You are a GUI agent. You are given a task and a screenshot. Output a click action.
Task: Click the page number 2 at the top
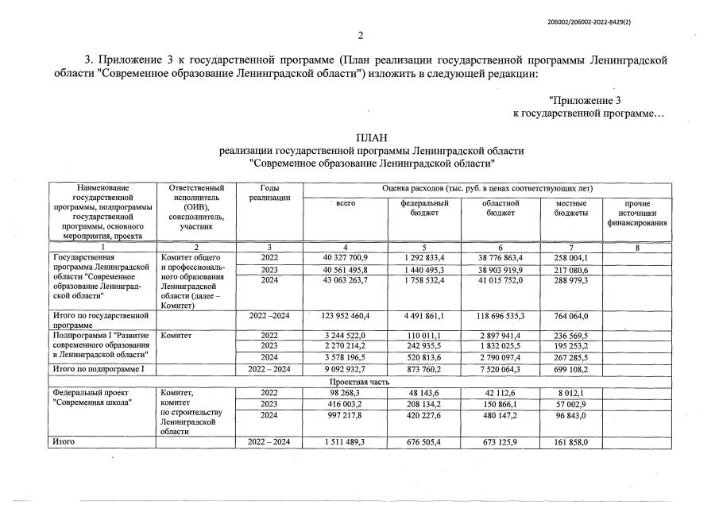coord(360,35)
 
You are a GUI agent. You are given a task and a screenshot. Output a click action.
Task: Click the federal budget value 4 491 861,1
coord(413,316)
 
